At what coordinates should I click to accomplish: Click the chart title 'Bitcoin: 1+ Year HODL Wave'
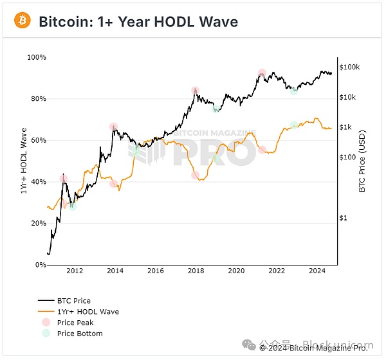click(x=138, y=22)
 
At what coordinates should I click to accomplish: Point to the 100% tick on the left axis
click(x=37, y=58)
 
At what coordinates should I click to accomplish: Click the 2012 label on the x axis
click(x=75, y=272)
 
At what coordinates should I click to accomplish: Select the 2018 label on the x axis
click(x=196, y=272)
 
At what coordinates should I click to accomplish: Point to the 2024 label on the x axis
click(x=317, y=272)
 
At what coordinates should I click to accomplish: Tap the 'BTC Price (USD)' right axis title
click(x=362, y=161)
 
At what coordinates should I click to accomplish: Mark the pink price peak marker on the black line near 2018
click(x=195, y=91)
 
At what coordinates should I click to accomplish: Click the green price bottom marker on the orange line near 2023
click(x=294, y=125)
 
